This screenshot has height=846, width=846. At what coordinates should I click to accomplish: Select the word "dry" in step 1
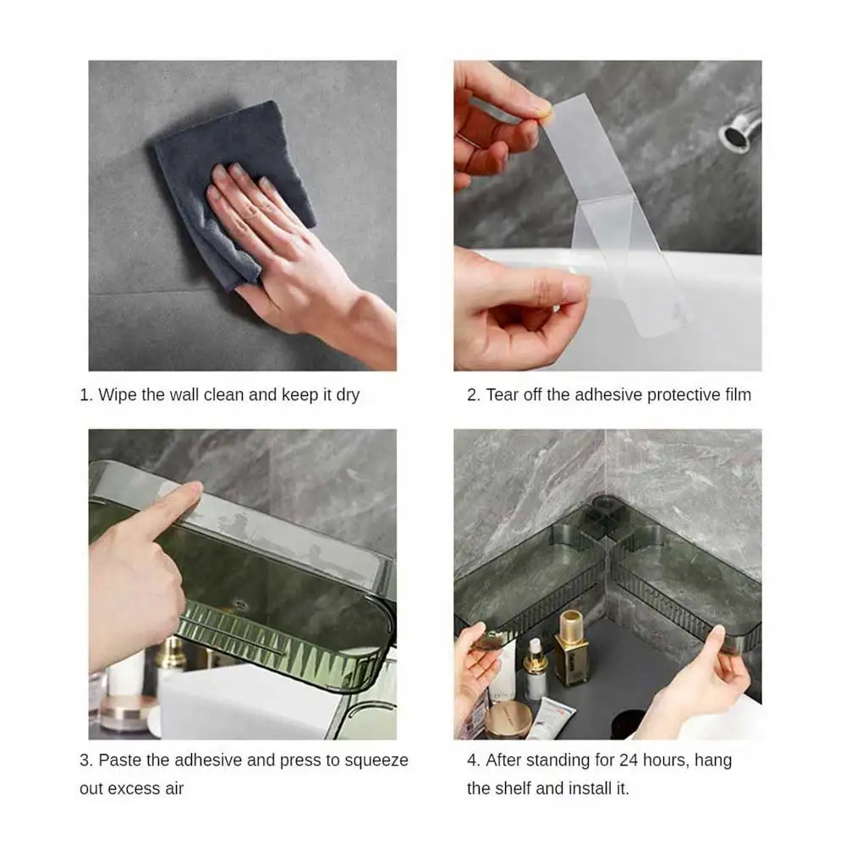(348, 396)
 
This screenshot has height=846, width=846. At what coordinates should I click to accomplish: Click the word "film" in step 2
(738, 395)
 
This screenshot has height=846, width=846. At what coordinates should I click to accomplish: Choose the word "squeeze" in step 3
(376, 761)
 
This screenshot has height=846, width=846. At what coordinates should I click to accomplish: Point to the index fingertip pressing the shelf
(193, 487)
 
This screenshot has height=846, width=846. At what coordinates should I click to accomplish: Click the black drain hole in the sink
(628, 723)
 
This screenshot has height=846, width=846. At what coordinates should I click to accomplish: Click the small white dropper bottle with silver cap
(536, 669)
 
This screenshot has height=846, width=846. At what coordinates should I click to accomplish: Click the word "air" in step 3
(174, 788)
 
